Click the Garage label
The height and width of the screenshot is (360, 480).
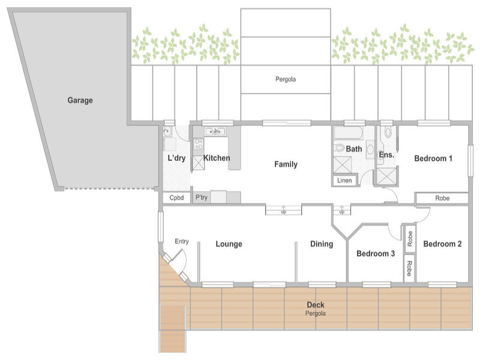click(x=80, y=100)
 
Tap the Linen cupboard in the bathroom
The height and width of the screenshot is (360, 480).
click(x=344, y=181)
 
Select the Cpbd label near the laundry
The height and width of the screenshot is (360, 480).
click(x=176, y=198)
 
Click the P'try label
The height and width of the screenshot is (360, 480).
click(x=202, y=197)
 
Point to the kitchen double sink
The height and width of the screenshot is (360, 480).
click(x=215, y=131)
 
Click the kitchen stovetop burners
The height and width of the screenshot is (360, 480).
click(x=199, y=144)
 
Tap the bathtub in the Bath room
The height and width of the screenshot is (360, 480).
click(x=349, y=133)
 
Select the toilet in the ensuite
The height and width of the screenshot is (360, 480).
click(x=388, y=132)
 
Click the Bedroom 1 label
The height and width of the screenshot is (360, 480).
click(x=433, y=158)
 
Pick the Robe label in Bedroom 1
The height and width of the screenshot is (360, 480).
click(x=442, y=198)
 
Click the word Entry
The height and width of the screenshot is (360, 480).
click(x=182, y=241)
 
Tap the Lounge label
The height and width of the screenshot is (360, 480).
click(x=229, y=244)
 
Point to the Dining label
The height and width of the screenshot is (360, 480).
click(x=322, y=244)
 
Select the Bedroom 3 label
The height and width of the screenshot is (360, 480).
click(x=376, y=253)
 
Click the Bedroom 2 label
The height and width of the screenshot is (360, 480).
click(x=442, y=244)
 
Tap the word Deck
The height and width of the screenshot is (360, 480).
click(x=316, y=305)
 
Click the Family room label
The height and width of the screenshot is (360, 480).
click(x=286, y=164)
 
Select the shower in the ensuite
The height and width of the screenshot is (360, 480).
click(x=386, y=176)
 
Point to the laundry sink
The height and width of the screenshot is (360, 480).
click(x=168, y=131)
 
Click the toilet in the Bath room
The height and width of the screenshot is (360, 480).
click(x=339, y=148)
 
